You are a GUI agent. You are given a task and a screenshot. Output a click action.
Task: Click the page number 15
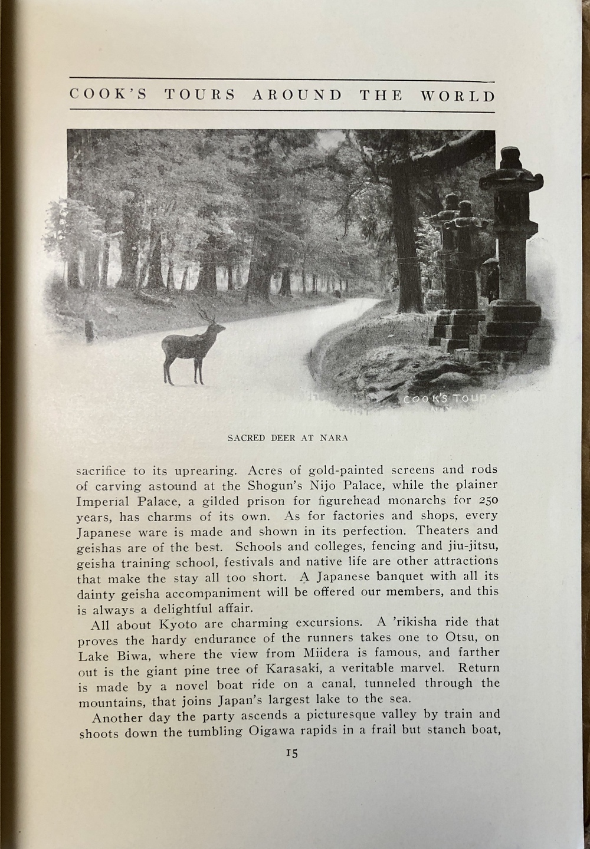click(x=292, y=753)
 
